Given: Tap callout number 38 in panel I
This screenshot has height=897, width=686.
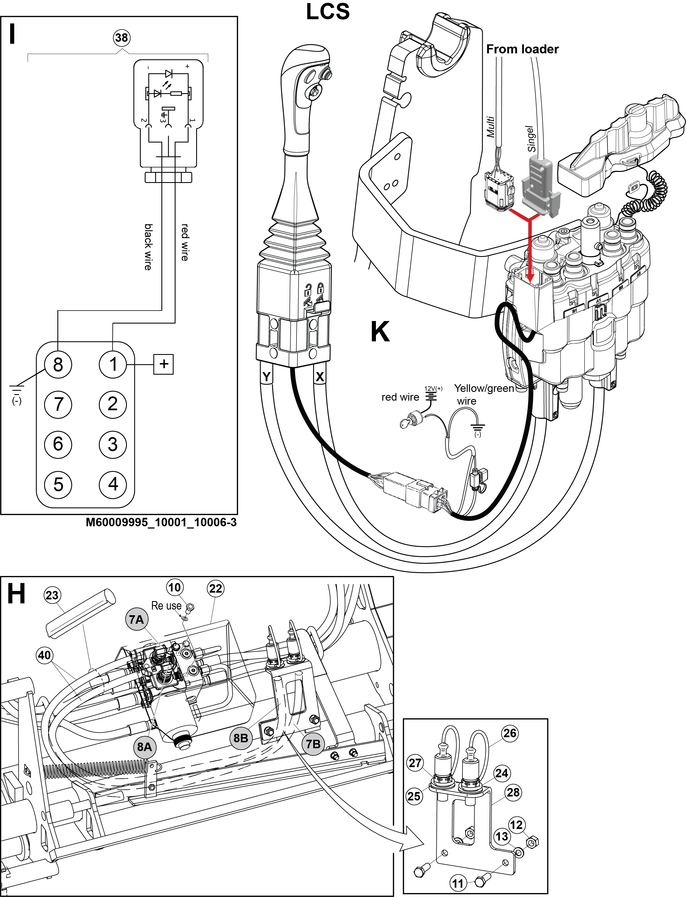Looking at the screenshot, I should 121,38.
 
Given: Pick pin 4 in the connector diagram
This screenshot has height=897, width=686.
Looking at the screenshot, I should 113,484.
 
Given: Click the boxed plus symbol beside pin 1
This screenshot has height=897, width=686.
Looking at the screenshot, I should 163,364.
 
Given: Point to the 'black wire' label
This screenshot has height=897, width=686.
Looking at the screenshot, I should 148,247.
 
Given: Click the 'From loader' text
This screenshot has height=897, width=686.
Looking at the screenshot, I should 522,49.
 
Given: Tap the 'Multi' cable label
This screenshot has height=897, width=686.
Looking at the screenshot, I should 490,127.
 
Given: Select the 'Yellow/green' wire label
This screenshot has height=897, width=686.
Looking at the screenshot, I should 484,388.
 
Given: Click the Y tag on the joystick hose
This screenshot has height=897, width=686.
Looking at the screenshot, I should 267,377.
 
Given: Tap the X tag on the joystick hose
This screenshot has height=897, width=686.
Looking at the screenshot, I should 320,377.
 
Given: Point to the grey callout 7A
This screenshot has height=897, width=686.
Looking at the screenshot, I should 137,619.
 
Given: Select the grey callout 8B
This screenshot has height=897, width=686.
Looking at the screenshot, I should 241,738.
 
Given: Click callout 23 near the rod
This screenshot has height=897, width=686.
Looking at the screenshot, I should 52,595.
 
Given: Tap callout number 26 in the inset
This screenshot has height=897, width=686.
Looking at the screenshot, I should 510,733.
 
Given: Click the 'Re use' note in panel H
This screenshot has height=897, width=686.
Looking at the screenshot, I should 166,606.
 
